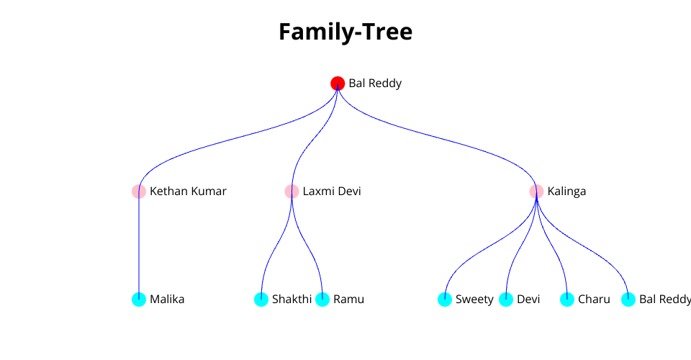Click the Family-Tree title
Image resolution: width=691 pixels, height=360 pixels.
click(x=345, y=32)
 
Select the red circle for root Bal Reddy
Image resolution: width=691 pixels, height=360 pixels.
click(x=338, y=84)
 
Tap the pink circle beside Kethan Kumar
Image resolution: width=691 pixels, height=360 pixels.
click(x=139, y=192)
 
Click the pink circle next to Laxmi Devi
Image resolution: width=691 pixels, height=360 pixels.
click(x=292, y=192)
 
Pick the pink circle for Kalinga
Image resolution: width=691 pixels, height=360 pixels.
click(x=536, y=192)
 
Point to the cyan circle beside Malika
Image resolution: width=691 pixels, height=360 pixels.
click(x=139, y=300)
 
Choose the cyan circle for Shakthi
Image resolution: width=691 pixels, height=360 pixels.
click(x=261, y=300)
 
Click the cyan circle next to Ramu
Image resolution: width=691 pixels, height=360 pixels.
click(x=322, y=300)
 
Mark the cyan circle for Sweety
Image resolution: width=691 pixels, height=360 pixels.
click(x=445, y=300)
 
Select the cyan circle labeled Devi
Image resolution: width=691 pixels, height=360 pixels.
click(x=506, y=300)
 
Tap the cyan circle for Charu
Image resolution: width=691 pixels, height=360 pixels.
click(x=567, y=300)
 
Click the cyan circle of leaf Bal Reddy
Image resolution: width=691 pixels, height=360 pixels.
click(x=628, y=300)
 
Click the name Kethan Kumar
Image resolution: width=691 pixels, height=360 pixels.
click(x=188, y=192)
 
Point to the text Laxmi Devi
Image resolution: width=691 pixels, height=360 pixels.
click(x=332, y=192)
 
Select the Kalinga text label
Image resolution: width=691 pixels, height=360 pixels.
click(x=566, y=192)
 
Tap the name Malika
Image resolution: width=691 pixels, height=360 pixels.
click(x=167, y=300)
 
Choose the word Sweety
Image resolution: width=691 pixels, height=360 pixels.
click(x=474, y=300)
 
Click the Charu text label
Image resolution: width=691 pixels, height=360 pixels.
click(x=594, y=300)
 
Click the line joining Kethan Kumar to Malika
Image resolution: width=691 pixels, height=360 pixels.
click(x=139, y=245)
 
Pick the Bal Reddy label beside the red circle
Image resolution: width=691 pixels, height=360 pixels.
click(x=375, y=84)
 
